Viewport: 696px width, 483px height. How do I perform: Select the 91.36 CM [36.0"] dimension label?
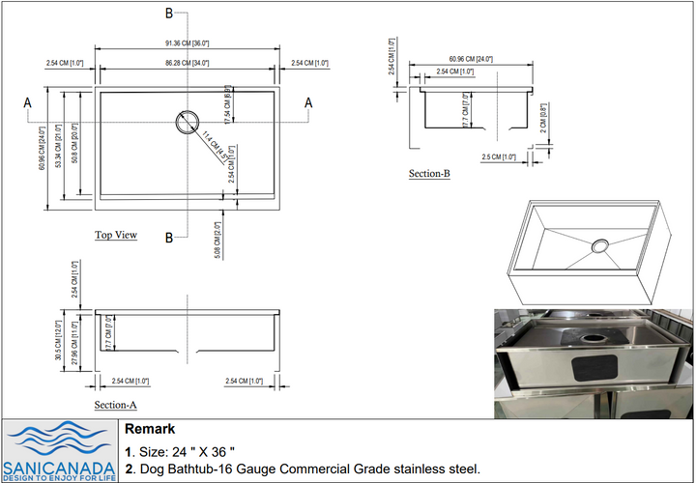188,43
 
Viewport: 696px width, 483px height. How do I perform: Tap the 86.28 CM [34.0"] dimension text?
188,63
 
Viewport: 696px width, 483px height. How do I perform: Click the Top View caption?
116,235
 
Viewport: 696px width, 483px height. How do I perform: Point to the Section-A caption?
115,406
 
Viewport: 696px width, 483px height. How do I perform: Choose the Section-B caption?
429,174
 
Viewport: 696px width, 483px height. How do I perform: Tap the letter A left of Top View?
27,102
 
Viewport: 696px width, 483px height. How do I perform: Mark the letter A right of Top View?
308,102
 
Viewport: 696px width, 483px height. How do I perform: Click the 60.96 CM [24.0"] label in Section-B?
471,60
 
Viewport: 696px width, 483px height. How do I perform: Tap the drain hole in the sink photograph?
589,339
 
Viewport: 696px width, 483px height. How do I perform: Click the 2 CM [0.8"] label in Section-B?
544,117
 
